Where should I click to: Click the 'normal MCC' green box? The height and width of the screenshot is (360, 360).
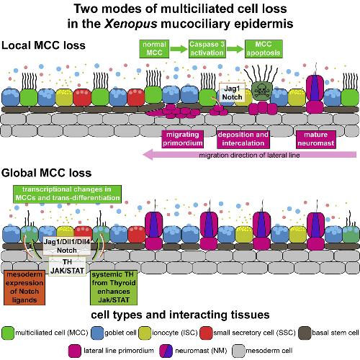coord(154,49)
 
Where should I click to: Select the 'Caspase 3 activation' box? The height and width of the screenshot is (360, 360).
coord(207,49)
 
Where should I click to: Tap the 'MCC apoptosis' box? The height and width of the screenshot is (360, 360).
coord(264,49)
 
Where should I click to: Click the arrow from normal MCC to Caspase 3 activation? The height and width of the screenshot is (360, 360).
coord(179,49)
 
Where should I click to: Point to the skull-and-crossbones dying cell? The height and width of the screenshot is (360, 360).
coord(262,91)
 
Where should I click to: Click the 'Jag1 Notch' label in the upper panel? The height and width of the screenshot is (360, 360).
coord(232,93)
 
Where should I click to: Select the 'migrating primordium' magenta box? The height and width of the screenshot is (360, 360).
coord(183,139)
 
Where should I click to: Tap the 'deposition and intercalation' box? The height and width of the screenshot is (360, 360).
coord(243,139)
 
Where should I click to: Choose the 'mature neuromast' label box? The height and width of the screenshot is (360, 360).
coord(316,139)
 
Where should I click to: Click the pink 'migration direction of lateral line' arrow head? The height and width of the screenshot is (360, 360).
coord(148,154)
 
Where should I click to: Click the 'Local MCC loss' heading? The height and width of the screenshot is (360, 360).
coord(43,45)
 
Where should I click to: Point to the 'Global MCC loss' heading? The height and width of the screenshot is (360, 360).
coord(47,173)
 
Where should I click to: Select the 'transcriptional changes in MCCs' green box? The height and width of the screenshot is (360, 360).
coord(67,194)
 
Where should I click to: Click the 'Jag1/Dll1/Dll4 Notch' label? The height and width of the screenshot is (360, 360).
coord(67,246)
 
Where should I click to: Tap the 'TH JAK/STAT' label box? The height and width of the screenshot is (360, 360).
coord(67,266)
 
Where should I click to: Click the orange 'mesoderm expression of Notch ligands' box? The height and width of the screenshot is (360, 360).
coord(24,287)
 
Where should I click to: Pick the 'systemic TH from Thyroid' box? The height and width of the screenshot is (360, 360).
coord(114,287)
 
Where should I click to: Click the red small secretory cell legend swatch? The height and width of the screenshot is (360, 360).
coord(206,333)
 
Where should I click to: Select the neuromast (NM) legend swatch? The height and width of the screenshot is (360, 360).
coord(166,351)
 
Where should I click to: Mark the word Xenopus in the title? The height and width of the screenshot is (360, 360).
coord(131,24)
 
